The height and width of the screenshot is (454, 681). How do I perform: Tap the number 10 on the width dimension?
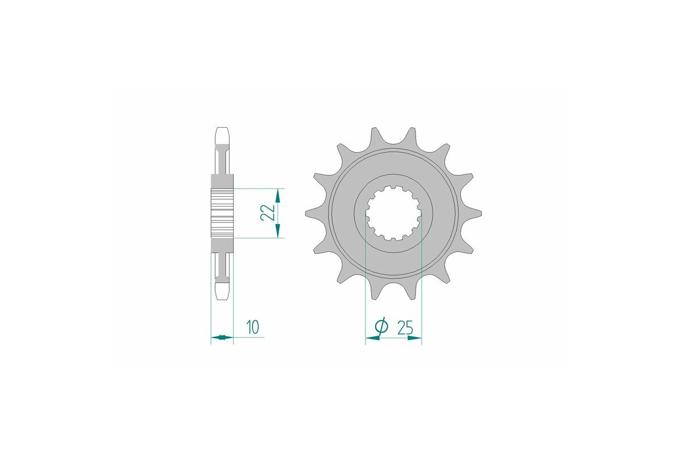[x=253, y=327]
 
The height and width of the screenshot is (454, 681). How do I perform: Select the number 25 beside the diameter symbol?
[x=405, y=327]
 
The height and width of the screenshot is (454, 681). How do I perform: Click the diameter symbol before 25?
[x=381, y=327]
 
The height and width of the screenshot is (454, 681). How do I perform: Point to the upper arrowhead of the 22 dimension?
[x=278, y=195]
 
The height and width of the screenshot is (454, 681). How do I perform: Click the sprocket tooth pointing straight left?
[x=310, y=213]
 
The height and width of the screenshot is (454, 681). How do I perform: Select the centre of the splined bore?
[x=393, y=214]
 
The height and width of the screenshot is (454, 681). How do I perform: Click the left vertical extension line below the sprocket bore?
[x=365, y=284]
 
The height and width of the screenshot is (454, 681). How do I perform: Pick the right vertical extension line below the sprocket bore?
[x=422, y=284]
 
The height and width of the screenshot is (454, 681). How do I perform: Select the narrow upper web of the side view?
[x=222, y=162]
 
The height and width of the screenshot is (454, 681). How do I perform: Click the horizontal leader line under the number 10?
[x=250, y=338]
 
